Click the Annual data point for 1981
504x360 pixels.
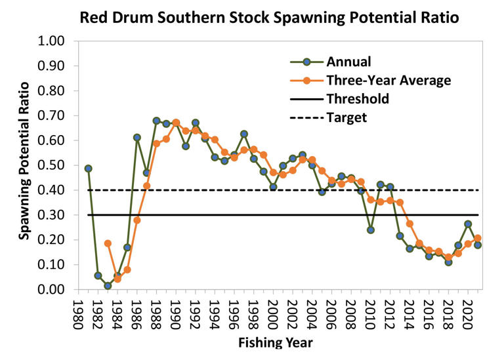pos(89,169)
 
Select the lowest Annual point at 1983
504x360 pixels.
pos(108,286)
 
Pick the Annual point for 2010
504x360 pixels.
pos(371,230)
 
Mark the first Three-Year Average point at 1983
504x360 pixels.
pos(108,243)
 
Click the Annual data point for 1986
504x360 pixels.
pos(137,138)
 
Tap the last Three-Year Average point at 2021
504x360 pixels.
pos(478,239)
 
